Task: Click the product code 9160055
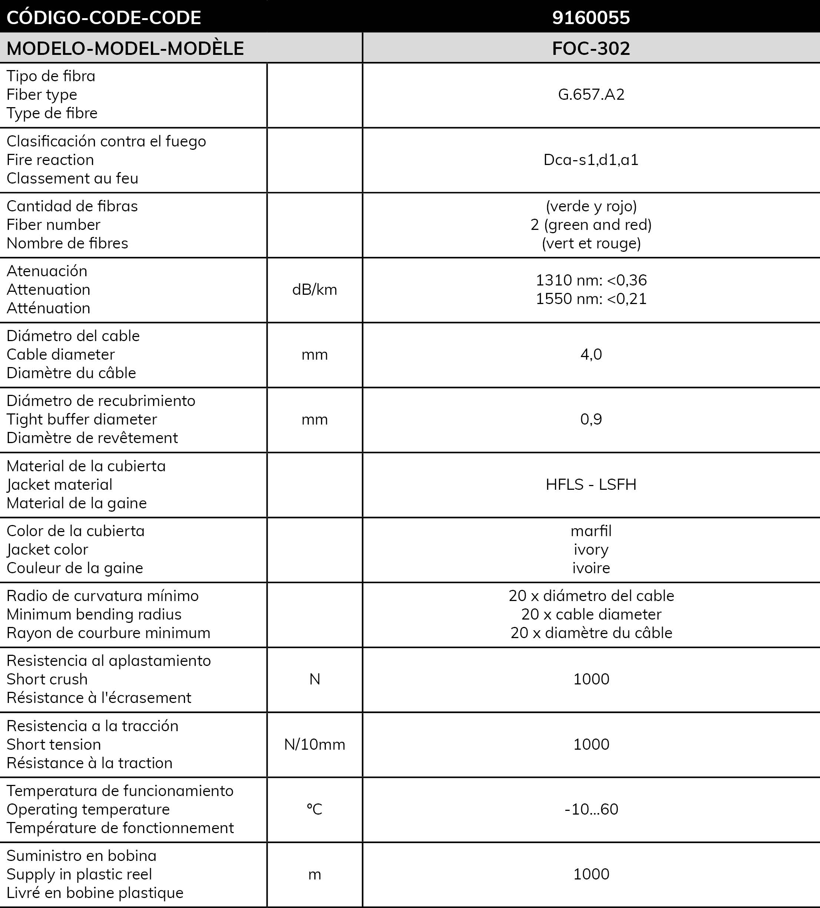click(591, 17)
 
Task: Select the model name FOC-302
click(591, 48)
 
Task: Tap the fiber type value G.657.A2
click(591, 95)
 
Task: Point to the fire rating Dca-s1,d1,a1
click(591, 160)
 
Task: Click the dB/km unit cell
click(314, 290)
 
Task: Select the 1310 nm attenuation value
click(591, 280)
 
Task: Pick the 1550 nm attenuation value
click(591, 298)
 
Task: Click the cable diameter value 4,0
click(591, 354)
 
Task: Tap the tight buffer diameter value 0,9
click(591, 419)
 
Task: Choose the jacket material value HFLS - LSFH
click(591, 485)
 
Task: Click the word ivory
click(591, 549)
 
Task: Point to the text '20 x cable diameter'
click(591, 614)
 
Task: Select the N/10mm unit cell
click(314, 744)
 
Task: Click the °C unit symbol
click(314, 809)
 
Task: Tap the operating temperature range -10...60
click(591, 809)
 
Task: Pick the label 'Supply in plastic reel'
click(79, 874)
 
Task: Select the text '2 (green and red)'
click(591, 225)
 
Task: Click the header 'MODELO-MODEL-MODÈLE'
click(125, 48)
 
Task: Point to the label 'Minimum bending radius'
click(94, 614)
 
